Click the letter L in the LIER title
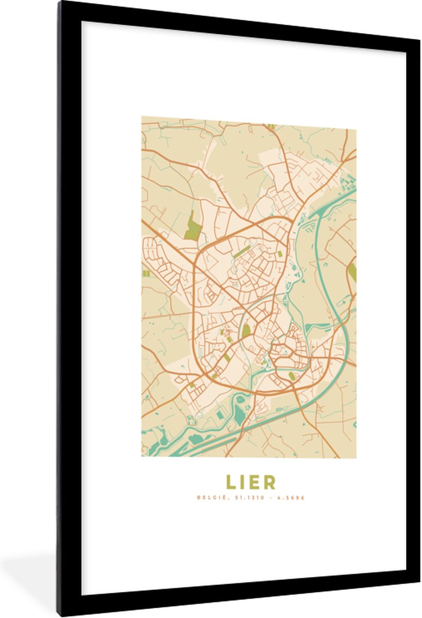click(x=230, y=482)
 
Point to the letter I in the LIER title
click(x=242, y=482)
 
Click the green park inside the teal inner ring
click(x=246, y=330)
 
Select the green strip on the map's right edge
click(x=353, y=271)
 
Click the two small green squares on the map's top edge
click(x=271, y=126)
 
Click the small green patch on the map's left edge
click(x=146, y=273)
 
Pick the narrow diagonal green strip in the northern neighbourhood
click(x=241, y=252)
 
